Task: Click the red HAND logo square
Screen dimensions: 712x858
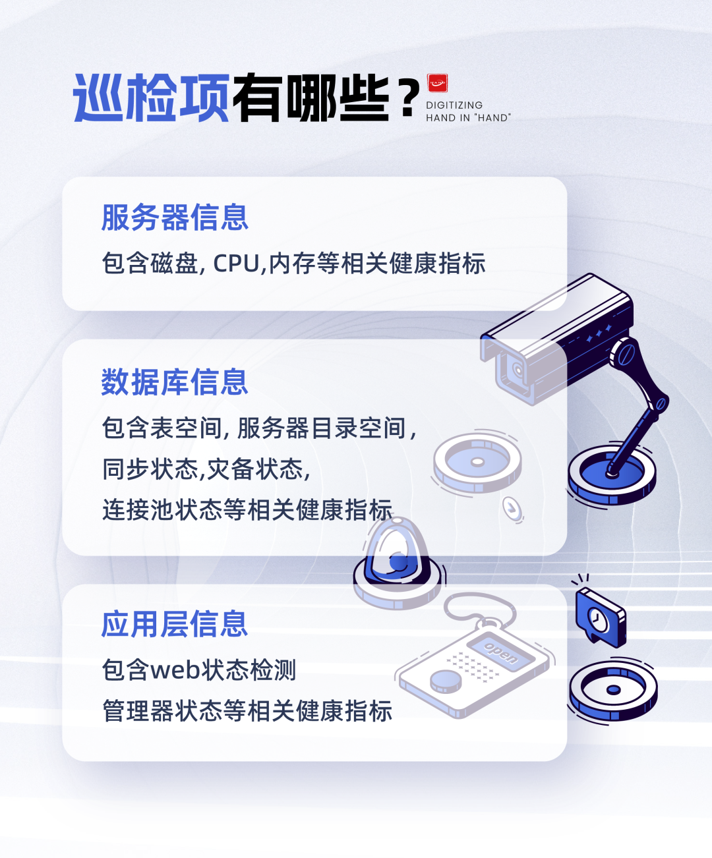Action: [x=437, y=83]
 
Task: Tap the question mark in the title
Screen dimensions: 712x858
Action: [x=408, y=98]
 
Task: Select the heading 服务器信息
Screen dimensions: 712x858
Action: [x=175, y=217]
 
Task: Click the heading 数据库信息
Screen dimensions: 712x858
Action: [x=175, y=382]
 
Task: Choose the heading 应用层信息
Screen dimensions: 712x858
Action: [x=175, y=624]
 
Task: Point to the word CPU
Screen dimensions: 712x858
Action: [x=236, y=264]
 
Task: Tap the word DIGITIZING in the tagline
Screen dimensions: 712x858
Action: [x=454, y=105]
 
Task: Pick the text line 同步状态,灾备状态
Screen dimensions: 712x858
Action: [x=206, y=469]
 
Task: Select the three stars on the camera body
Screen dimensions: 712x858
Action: [x=599, y=334]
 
